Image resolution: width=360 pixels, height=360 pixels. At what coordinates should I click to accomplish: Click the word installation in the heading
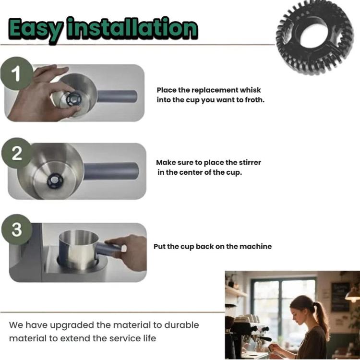click(132, 28)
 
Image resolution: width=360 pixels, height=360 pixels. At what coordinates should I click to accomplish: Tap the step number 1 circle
click(17, 73)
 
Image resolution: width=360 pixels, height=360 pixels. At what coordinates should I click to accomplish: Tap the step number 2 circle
click(16, 153)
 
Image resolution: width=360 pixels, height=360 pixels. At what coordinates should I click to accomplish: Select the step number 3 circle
click(16, 229)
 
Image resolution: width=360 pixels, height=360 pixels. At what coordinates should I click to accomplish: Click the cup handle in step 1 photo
click(117, 96)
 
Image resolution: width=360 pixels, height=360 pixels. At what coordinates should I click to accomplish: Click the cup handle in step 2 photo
click(111, 171)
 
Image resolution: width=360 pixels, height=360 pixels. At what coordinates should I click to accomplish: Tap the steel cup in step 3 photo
click(79, 249)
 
